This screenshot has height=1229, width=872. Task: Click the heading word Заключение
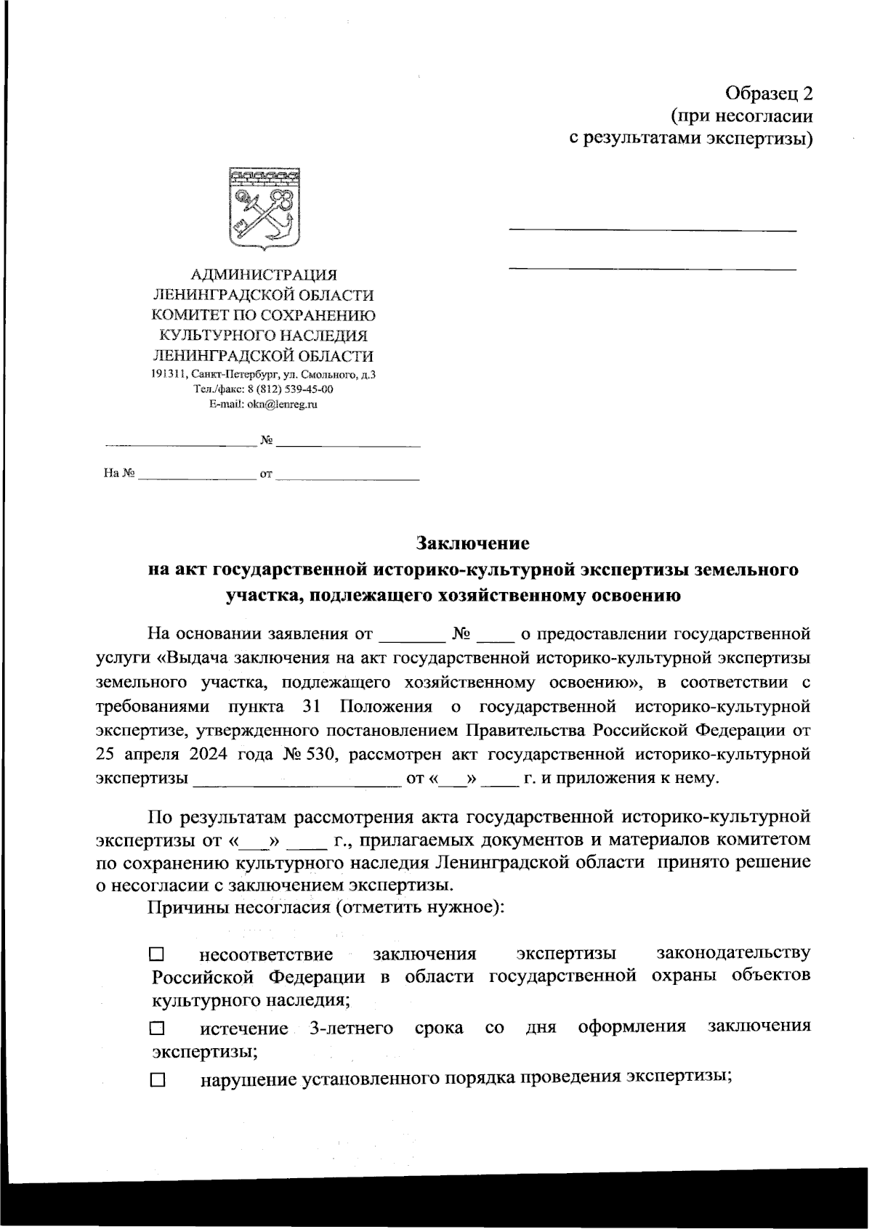(472, 543)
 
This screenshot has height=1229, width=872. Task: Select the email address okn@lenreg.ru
(283, 405)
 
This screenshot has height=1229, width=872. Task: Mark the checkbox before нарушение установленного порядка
(158, 1081)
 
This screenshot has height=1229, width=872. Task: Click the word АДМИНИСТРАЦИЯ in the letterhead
(263, 275)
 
